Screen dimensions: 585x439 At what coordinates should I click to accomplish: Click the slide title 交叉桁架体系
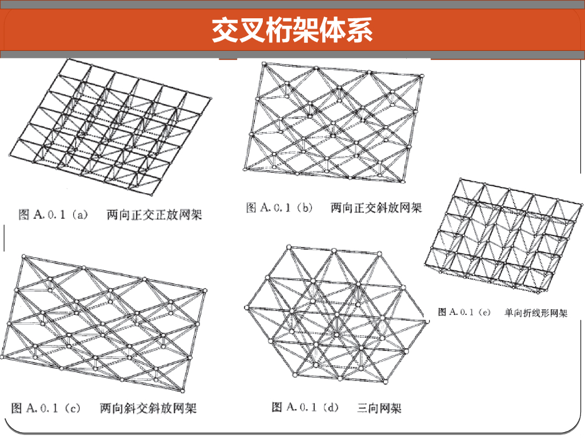(292, 30)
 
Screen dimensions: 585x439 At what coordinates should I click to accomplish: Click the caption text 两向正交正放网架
(155, 215)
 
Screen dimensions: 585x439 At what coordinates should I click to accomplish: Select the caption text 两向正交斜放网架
(376, 208)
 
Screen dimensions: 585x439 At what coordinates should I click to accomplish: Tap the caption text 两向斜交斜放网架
(148, 408)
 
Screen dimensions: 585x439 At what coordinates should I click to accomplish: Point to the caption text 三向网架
(379, 408)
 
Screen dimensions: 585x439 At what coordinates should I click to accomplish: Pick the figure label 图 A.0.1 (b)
(279, 208)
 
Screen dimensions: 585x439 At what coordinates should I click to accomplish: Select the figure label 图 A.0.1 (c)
(46, 408)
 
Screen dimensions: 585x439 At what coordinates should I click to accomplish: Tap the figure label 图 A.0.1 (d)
(305, 408)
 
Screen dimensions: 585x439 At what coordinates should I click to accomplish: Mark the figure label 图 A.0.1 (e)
(464, 312)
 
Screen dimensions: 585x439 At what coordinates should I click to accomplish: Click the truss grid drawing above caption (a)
(109, 126)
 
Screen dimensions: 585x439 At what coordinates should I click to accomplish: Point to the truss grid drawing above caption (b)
(334, 123)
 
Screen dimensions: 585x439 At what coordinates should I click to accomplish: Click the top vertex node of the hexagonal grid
(289, 248)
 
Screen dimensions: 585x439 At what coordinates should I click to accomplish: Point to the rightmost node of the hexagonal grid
(426, 321)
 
